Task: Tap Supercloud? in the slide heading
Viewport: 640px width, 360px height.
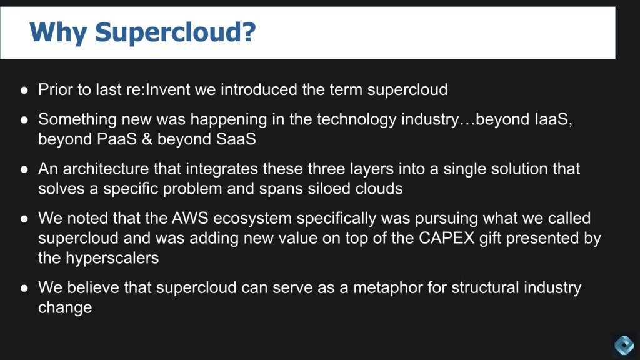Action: coord(175,32)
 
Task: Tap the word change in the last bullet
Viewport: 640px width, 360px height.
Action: coord(65,307)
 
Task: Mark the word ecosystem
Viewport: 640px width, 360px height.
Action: coord(252,219)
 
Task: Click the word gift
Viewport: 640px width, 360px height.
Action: coord(491,238)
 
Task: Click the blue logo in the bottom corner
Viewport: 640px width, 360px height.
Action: coord(624,344)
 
